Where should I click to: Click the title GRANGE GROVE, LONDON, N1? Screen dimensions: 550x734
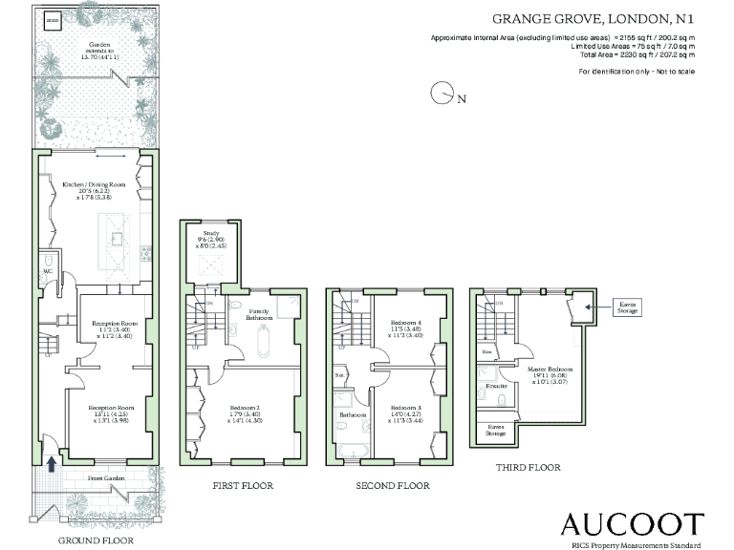[x=593, y=18]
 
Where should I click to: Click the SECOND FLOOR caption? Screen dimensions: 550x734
[x=392, y=486]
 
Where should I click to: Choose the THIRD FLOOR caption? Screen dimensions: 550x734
[x=528, y=468]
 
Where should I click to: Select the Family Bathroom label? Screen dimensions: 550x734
[x=262, y=315]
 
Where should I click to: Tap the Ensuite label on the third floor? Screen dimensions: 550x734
[x=497, y=387]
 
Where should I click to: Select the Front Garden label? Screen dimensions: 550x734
[x=107, y=476]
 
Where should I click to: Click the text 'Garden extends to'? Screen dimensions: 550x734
[x=95, y=51]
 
